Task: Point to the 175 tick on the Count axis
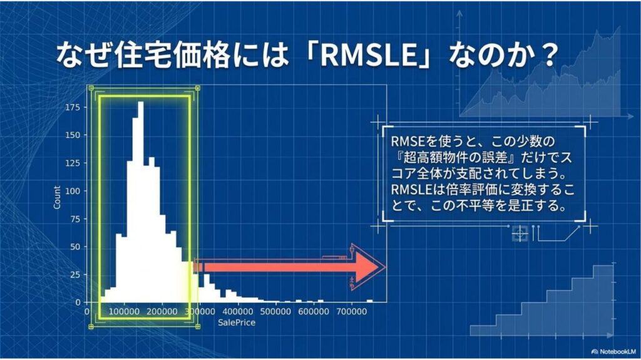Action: pos(73,107)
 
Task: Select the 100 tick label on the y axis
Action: pos(73,191)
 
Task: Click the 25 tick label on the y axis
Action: pos(76,275)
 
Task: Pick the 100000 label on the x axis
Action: pos(125,312)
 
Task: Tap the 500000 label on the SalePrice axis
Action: pos(276,312)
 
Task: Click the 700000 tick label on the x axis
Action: pos(352,312)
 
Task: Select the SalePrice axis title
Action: pos(236,323)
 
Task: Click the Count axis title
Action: pos(57,198)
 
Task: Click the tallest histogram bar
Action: pos(141,202)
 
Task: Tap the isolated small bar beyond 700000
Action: pos(369,302)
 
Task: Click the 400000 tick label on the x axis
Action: pos(238,312)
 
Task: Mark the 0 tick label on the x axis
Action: pos(86,312)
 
